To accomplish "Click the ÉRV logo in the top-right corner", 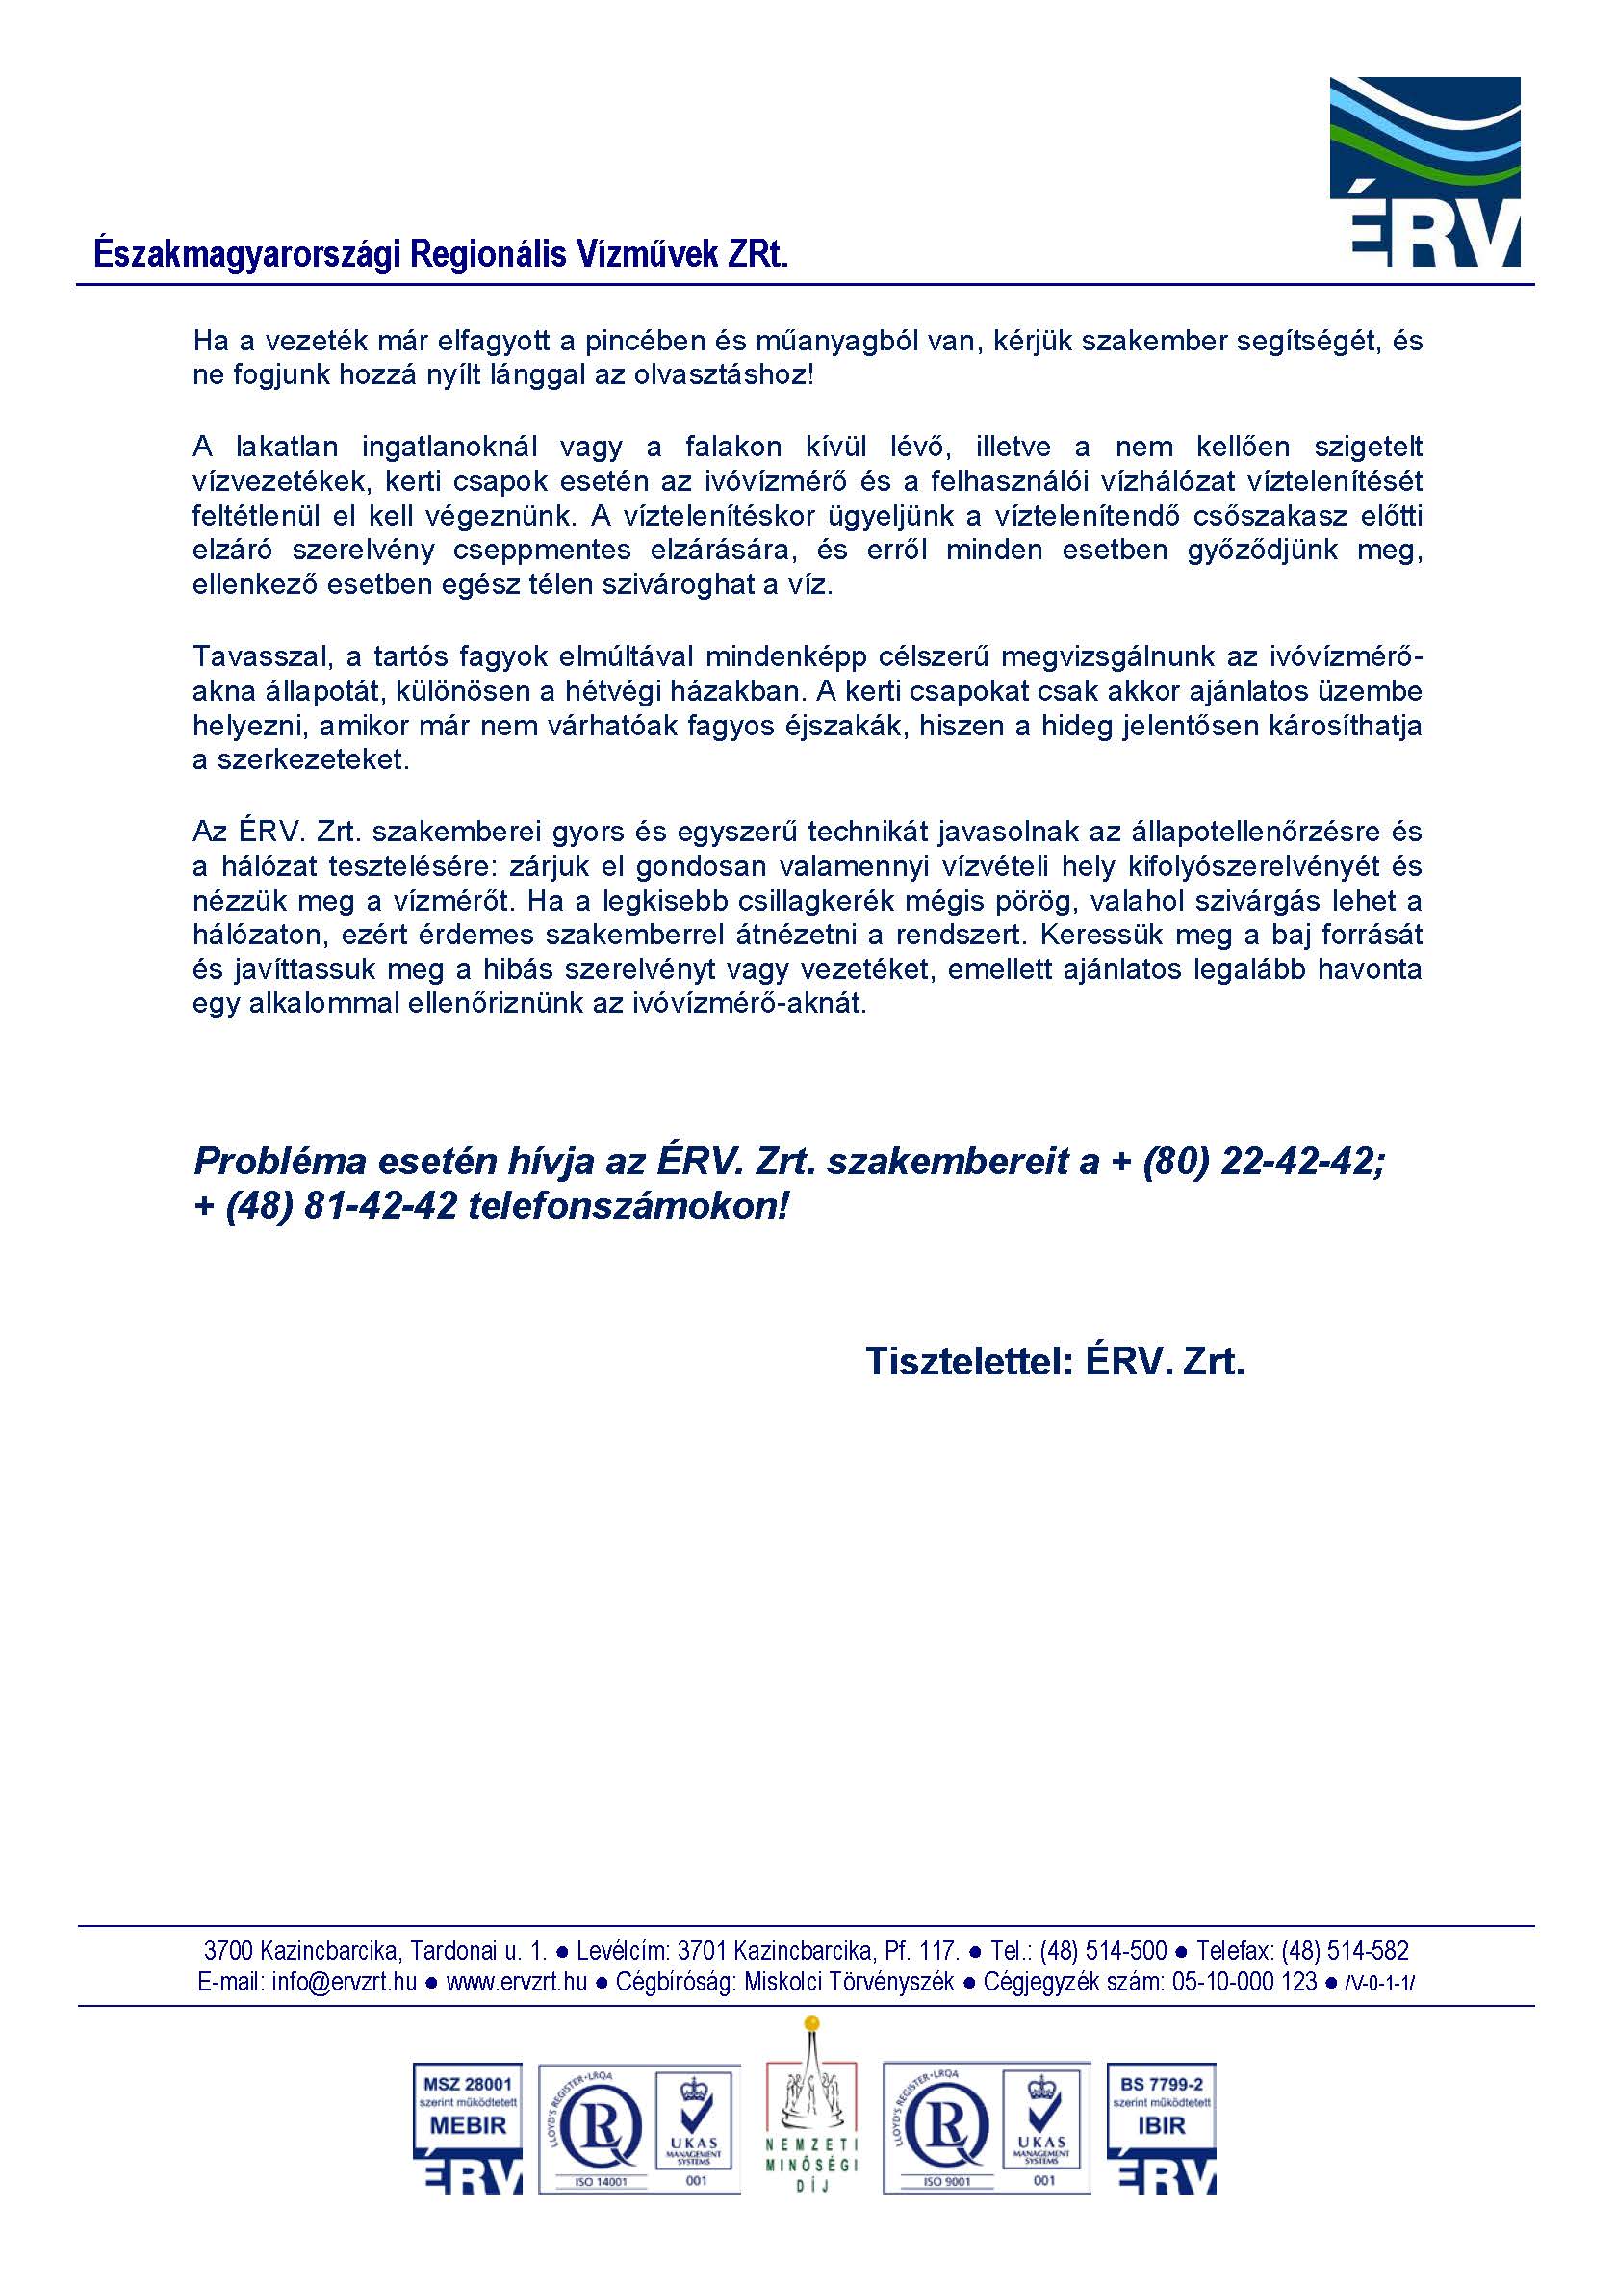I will [x=1424, y=171].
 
